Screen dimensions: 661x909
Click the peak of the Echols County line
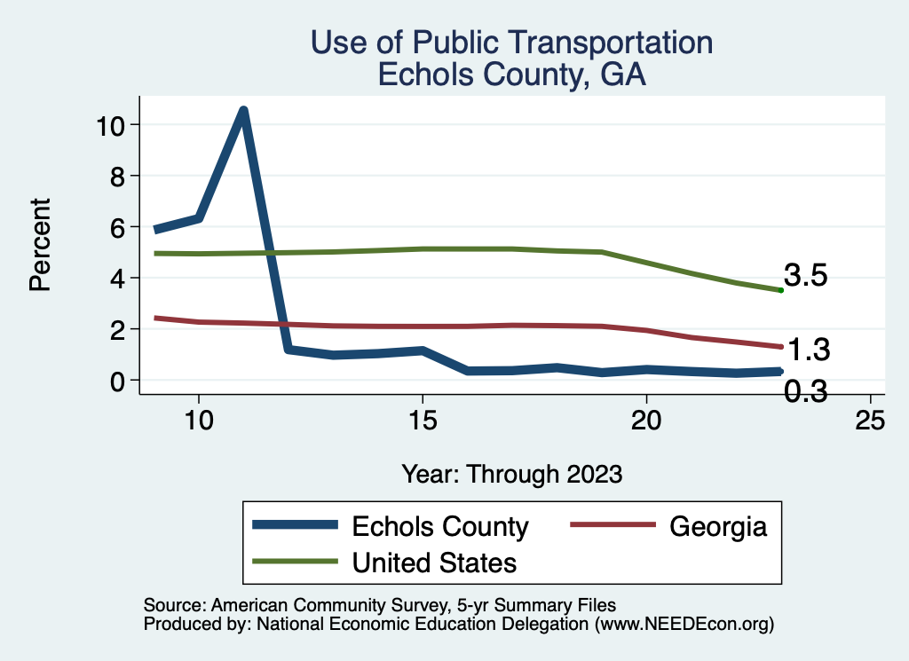(242, 110)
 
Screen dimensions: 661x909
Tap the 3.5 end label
(805, 276)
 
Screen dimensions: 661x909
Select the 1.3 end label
(808, 350)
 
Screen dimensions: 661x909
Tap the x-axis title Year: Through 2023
(511, 473)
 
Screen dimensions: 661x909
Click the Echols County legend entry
(440, 526)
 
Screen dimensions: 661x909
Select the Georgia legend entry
(717, 526)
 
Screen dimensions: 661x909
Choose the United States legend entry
(434, 562)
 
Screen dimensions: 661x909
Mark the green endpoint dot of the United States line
(780, 290)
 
